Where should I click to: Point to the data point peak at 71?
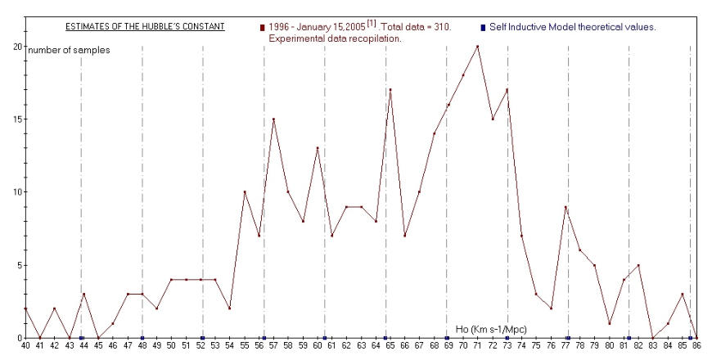[x=477, y=47]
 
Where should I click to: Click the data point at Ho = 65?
[x=390, y=90]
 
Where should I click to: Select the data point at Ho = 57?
[x=273, y=119]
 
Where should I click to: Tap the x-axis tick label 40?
[x=25, y=347]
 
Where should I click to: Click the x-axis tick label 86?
[x=696, y=347]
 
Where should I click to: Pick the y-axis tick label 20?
[x=17, y=47]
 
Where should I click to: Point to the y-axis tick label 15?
[x=17, y=119]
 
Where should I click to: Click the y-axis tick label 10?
[x=17, y=192]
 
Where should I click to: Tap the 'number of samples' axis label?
[x=70, y=50]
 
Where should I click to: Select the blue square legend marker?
[x=483, y=28]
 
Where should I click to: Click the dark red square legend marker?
[x=262, y=28]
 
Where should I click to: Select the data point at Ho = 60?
[x=318, y=148]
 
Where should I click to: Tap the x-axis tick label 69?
[x=448, y=347]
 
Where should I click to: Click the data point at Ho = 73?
[x=507, y=90]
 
